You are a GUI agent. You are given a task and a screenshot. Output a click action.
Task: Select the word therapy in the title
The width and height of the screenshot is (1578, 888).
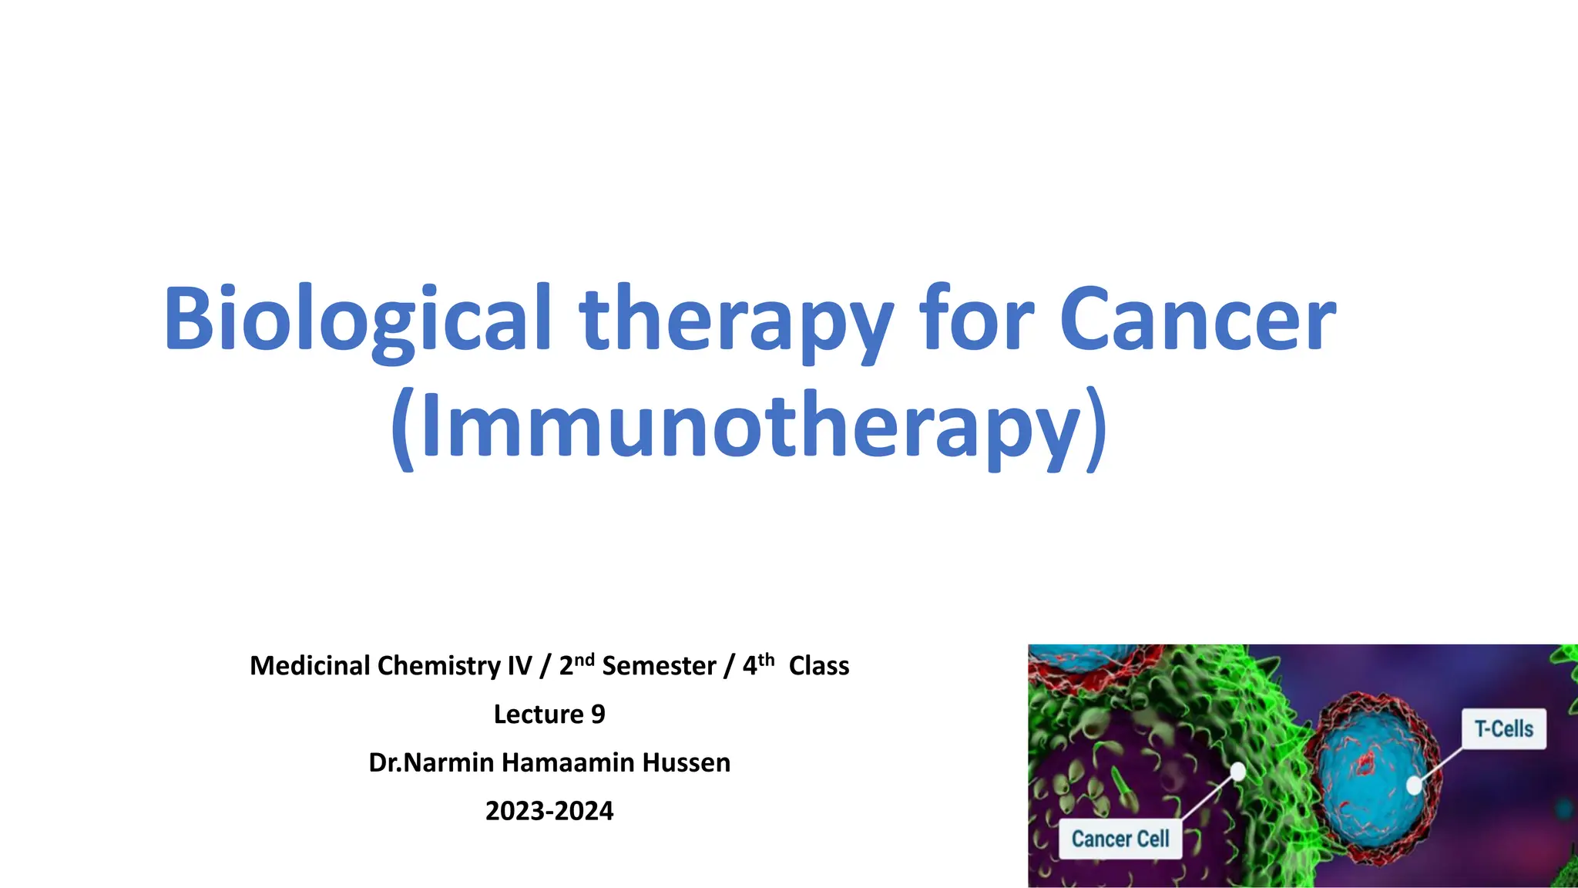click(x=736, y=320)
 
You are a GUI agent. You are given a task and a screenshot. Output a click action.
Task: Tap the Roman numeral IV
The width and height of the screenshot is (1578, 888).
click(x=519, y=666)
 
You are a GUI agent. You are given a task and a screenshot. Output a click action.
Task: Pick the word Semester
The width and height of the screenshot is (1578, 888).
click(x=659, y=666)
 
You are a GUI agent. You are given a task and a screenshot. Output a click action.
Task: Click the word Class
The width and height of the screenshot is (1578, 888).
click(x=818, y=666)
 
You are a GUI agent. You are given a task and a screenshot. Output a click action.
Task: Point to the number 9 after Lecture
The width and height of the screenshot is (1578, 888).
click(x=598, y=715)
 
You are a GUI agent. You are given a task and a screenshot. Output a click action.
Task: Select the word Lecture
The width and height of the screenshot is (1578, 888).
click(x=539, y=715)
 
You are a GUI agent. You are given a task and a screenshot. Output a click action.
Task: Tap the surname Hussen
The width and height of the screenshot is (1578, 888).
click(x=687, y=763)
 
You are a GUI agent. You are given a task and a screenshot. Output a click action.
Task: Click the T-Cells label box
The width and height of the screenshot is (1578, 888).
click(x=1503, y=728)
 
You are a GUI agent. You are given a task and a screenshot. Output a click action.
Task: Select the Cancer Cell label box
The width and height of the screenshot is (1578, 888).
click(x=1120, y=839)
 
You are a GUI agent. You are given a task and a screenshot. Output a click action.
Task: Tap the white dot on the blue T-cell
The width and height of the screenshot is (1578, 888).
click(x=1414, y=785)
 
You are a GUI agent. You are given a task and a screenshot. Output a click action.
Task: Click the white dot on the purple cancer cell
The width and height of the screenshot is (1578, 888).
click(x=1237, y=772)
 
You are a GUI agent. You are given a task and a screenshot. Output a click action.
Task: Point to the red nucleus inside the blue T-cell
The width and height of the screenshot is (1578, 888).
click(x=1365, y=764)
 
